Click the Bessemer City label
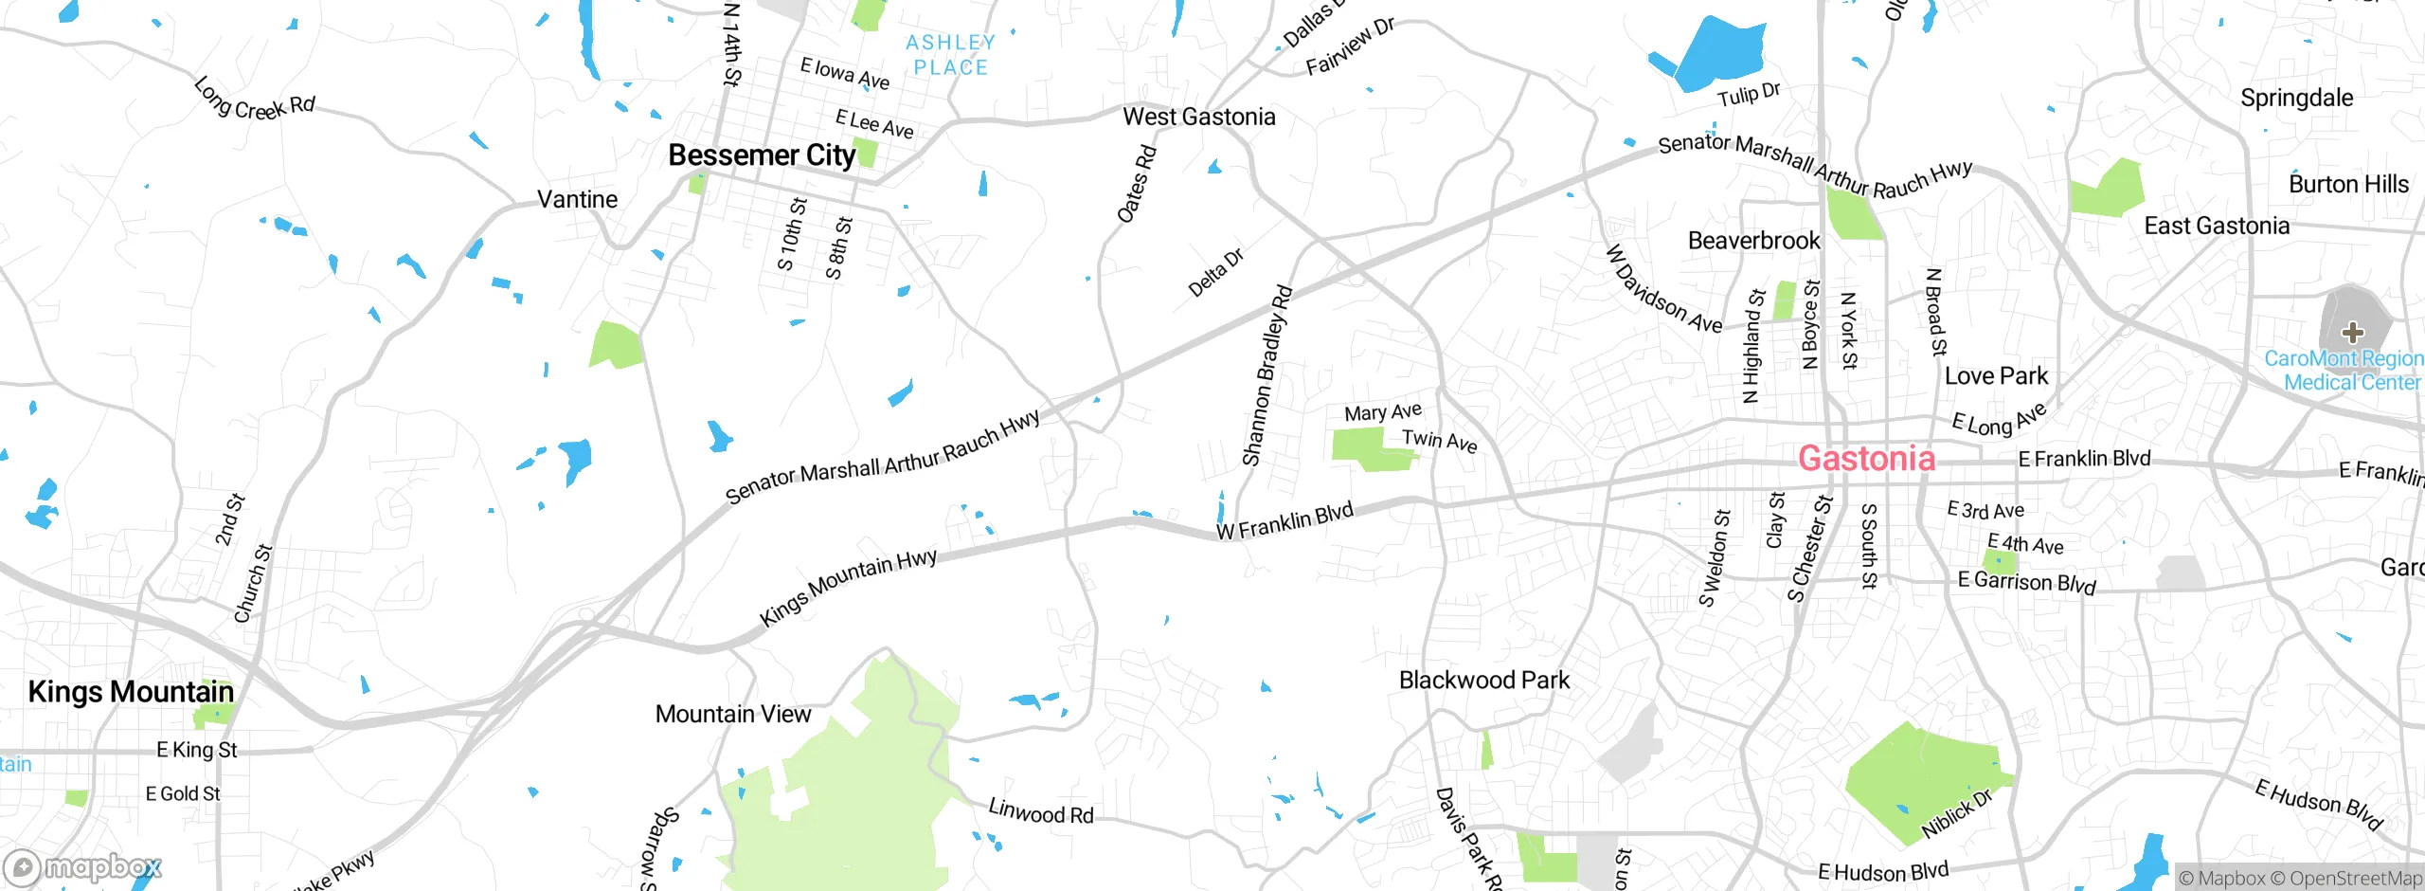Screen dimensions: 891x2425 (x=762, y=155)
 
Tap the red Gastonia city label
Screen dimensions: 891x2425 (x=1866, y=459)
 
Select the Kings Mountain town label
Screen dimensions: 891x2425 (x=131, y=692)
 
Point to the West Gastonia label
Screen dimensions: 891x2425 (x=1198, y=117)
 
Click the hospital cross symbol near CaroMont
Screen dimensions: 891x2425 (x=2352, y=332)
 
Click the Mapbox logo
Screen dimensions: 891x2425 (x=83, y=866)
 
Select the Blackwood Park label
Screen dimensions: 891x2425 (x=1483, y=681)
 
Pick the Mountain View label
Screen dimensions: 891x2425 (x=732, y=714)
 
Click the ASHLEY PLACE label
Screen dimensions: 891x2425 (x=950, y=55)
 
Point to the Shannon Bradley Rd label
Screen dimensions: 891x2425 (x=1266, y=376)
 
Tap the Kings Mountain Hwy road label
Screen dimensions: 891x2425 (x=848, y=587)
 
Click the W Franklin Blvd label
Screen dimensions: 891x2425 (x=1284, y=522)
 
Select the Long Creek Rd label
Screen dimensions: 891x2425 (x=254, y=101)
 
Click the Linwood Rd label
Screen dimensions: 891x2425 (x=1040, y=811)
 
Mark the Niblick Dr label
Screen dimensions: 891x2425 (x=1956, y=813)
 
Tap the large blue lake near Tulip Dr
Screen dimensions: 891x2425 (x=1719, y=55)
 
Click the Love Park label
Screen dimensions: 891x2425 (x=1996, y=376)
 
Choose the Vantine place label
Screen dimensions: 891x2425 (x=577, y=199)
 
